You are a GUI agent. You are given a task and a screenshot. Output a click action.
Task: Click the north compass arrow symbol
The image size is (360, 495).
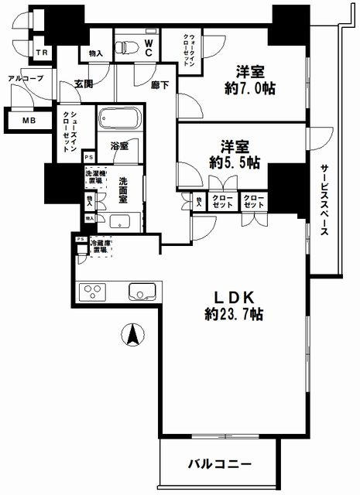click(x=132, y=335)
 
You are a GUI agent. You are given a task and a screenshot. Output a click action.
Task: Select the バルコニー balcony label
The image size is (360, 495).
click(x=219, y=464)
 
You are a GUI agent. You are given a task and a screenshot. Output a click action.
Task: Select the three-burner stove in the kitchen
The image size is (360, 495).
click(x=94, y=292)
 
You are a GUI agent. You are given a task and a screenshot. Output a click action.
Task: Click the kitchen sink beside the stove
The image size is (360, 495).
click(x=142, y=292)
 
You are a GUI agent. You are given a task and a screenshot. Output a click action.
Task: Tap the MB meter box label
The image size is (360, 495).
click(x=28, y=121)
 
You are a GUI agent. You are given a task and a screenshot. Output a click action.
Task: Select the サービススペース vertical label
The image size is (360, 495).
click(x=325, y=200)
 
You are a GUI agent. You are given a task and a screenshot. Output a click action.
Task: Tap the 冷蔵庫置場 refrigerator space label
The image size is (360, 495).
click(x=101, y=248)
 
